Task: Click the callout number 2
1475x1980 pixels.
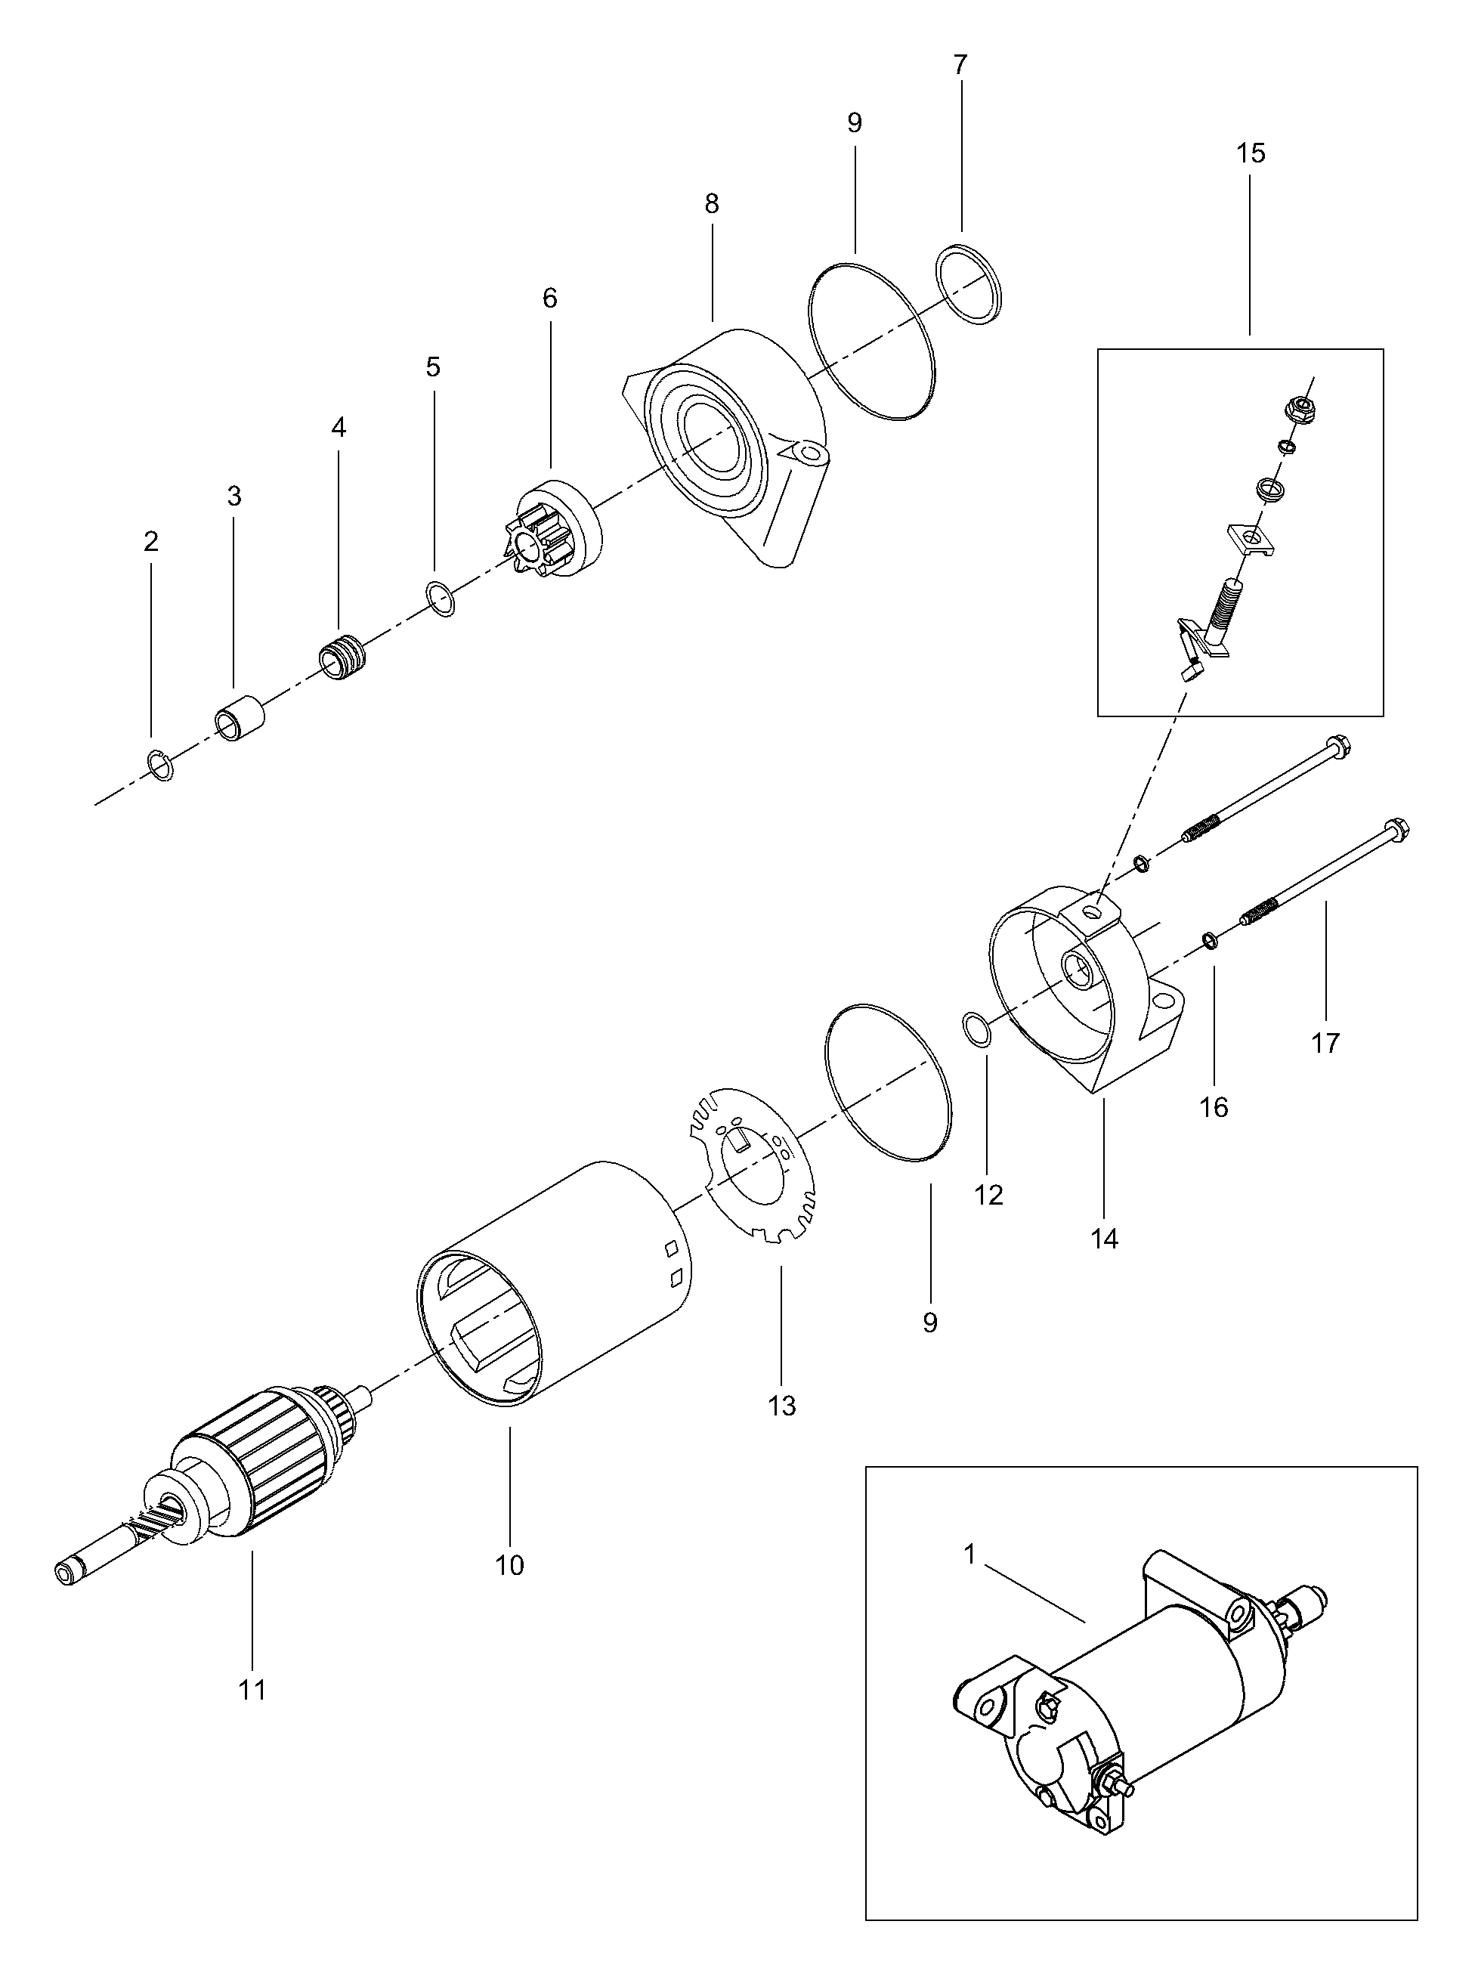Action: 151,541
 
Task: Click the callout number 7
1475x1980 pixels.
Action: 960,65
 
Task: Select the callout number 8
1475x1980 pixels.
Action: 712,205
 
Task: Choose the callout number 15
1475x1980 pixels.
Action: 1250,153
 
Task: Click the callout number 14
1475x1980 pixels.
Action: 1105,1239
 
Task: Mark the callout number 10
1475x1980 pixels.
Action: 510,1565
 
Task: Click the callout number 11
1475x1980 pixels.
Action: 252,1690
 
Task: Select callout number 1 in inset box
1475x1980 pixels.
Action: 969,1555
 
